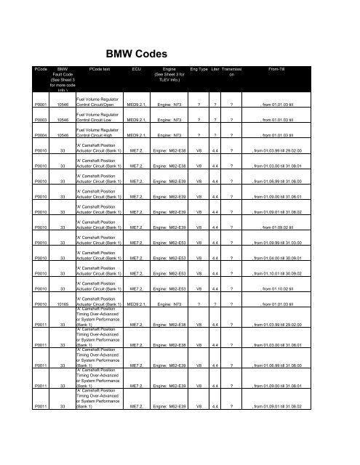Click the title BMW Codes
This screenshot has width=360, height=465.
tap(179, 53)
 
